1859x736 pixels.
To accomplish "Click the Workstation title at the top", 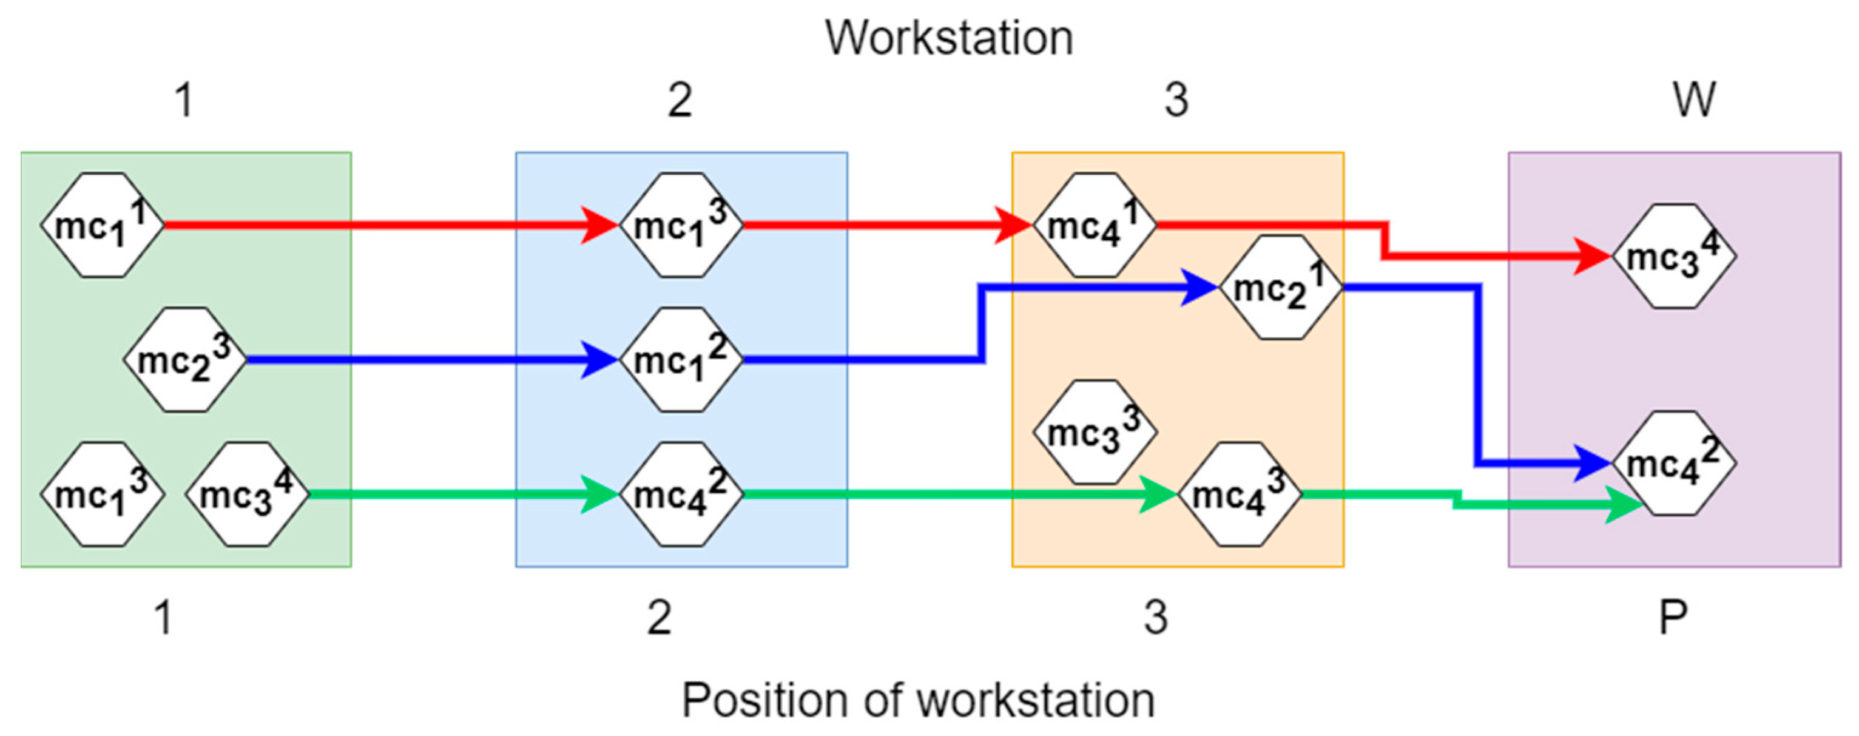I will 948,38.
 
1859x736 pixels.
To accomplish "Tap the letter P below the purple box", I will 1673,618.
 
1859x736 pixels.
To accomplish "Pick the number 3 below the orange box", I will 1155,618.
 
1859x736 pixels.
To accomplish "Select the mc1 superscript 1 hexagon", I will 103,225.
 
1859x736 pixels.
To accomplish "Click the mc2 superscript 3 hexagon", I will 184,359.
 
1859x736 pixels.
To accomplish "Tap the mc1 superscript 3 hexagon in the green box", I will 103,495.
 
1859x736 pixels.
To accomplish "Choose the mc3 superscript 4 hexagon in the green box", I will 247,495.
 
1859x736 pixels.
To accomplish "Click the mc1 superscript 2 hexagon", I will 681,359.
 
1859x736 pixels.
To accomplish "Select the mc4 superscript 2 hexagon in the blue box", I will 681,495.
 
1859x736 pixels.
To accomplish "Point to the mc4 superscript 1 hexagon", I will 1095,225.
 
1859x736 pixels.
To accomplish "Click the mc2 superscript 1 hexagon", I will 1281,287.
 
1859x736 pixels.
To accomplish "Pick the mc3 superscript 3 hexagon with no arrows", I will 1095,432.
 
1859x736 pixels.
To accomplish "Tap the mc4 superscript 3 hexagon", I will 1240,495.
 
